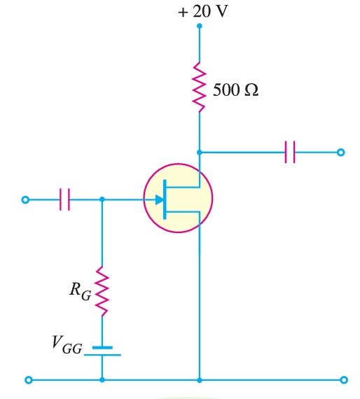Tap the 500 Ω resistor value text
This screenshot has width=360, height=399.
point(235,90)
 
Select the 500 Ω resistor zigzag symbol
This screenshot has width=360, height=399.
point(200,87)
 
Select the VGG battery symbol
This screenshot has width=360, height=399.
point(103,351)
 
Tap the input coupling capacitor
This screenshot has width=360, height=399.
point(65,199)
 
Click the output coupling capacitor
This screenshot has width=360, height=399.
point(290,152)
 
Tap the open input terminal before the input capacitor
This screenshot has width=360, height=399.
point(26,199)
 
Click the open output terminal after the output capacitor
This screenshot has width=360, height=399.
point(341,152)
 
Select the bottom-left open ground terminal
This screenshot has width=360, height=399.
point(28,380)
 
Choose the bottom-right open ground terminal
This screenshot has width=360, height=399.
point(343,380)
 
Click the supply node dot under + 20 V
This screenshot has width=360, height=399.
point(200,26)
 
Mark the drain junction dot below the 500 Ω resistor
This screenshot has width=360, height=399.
point(200,152)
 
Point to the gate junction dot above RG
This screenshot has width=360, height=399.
point(103,199)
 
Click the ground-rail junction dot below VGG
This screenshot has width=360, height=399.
point(103,380)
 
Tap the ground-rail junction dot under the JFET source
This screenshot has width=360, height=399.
point(200,380)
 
